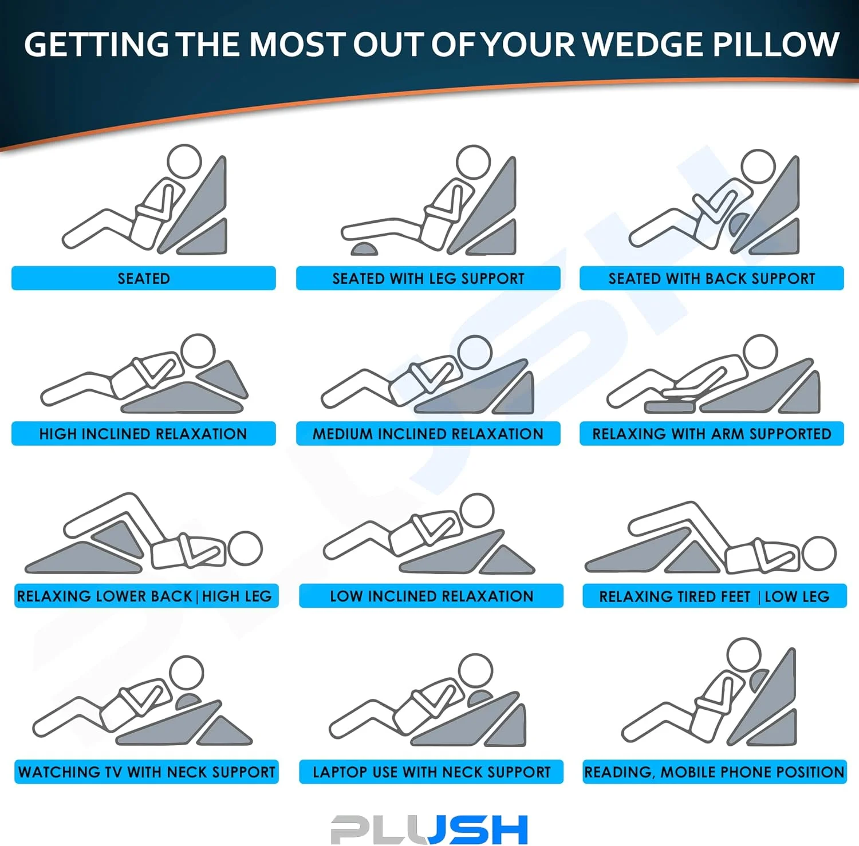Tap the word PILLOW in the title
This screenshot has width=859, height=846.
pyautogui.click(x=776, y=44)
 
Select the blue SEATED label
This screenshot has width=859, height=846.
pyautogui.click(x=144, y=278)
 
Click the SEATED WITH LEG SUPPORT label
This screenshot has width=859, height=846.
pyautogui.click(x=428, y=278)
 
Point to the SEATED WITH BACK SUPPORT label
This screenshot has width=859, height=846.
pyautogui.click(x=712, y=278)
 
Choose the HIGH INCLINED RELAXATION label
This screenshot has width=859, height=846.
pyautogui.click(x=144, y=433)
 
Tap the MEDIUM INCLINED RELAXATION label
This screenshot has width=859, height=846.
pyautogui.click(x=428, y=433)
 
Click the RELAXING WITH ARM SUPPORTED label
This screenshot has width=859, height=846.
pyautogui.click(x=712, y=433)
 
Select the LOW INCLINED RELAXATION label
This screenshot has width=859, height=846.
pyautogui.click(x=431, y=596)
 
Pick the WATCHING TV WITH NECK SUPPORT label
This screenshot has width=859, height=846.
pyautogui.click(x=147, y=772)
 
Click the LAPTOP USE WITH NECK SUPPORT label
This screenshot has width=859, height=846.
pyautogui.click(x=431, y=772)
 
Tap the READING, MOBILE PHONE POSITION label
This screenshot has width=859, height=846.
pyautogui.click(x=715, y=772)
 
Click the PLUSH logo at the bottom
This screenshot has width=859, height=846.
pyautogui.click(x=429, y=829)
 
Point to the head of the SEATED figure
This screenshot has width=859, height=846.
pyautogui.click(x=184, y=162)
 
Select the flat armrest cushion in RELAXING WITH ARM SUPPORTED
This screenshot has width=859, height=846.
pyautogui.click(x=671, y=405)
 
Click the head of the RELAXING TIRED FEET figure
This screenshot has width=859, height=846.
pyautogui.click(x=819, y=553)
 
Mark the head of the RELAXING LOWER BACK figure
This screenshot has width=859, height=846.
pyautogui.click(x=245, y=548)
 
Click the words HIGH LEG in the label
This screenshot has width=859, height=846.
pyautogui.click(x=237, y=596)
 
